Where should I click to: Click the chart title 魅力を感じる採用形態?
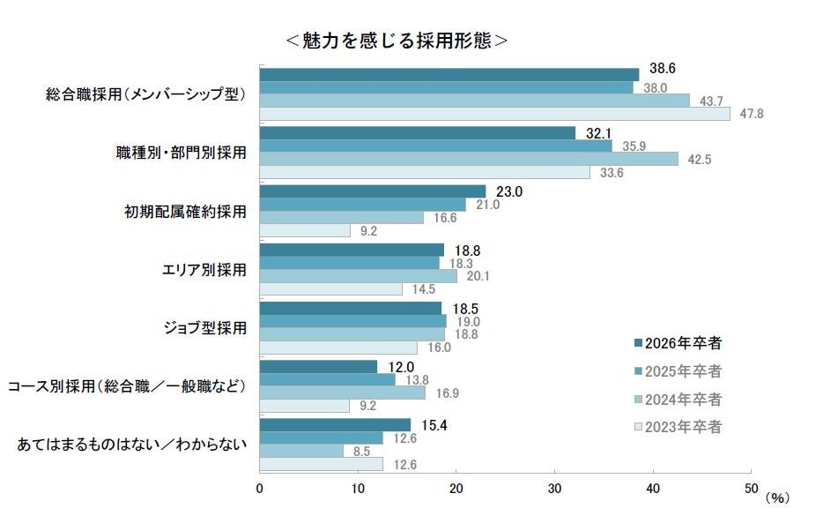[397, 41]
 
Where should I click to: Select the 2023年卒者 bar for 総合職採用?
[494, 114]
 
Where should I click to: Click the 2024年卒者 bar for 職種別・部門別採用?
[469, 159]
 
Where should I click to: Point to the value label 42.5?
[698, 160]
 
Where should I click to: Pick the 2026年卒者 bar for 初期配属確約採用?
[373, 191]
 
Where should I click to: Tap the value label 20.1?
[478, 276]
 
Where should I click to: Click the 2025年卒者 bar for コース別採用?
[328, 379]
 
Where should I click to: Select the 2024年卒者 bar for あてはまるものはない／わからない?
[301, 451]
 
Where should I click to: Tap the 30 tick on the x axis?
[554, 489]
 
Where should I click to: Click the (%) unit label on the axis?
[777, 497]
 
